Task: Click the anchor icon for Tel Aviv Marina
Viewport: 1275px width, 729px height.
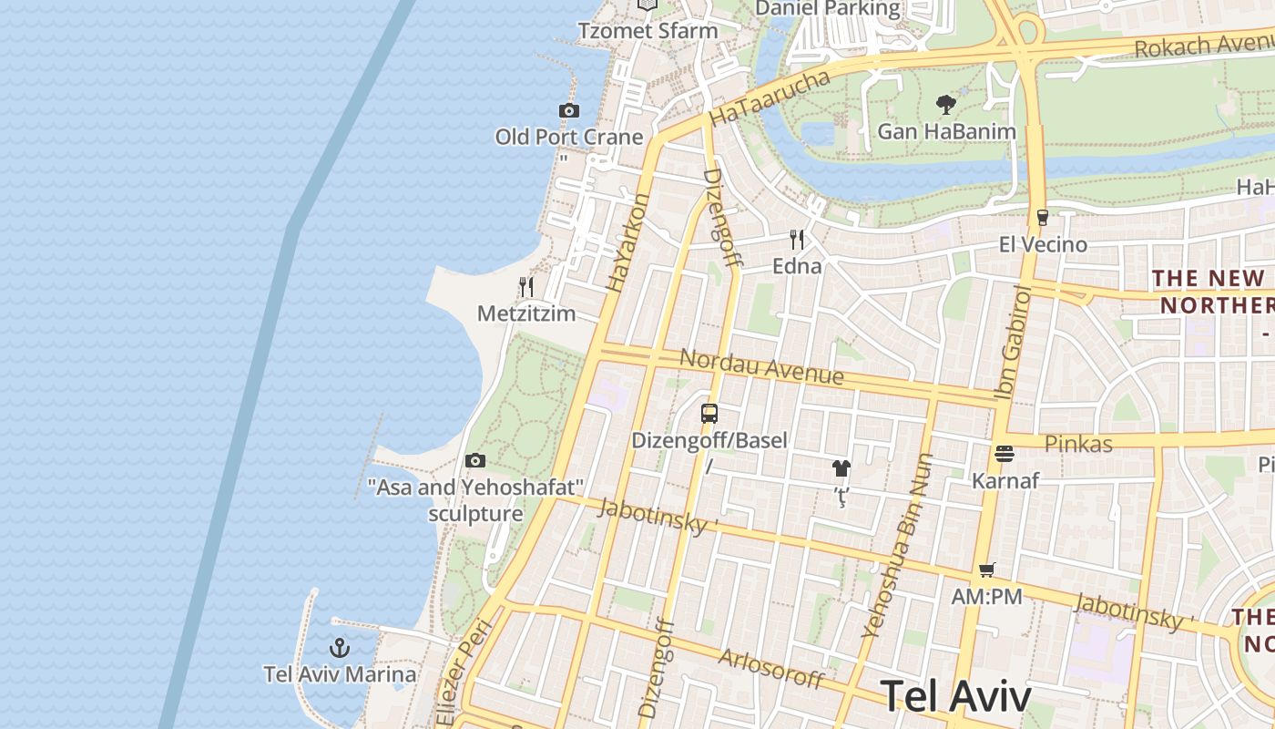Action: (x=340, y=649)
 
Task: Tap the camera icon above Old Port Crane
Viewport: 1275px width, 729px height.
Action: (x=569, y=111)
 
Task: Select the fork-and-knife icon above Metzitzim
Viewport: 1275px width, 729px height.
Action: (x=526, y=287)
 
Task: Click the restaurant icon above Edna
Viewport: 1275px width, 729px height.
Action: (x=797, y=240)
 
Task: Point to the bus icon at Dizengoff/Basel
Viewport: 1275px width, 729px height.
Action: (x=709, y=414)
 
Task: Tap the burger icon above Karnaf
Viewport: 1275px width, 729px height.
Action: (x=1005, y=454)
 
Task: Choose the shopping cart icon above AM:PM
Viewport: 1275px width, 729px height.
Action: (x=986, y=570)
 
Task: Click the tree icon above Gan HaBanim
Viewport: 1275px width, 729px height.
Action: (x=946, y=104)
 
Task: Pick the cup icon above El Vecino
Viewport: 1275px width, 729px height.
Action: (x=1043, y=218)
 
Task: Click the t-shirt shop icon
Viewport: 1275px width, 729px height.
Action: (x=841, y=469)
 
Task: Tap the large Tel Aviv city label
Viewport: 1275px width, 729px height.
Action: (x=956, y=696)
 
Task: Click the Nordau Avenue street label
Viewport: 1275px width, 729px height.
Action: (x=761, y=367)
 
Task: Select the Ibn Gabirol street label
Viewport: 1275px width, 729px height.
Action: (x=1014, y=343)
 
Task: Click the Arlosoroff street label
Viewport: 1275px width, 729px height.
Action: (x=770, y=669)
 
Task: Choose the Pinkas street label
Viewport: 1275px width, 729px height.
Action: (x=1078, y=444)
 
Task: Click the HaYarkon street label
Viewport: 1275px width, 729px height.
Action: (x=628, y=242)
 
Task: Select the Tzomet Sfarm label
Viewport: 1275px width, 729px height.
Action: (x=648, y=30)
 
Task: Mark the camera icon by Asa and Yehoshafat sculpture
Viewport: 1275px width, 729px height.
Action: (x=475, y=461)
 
